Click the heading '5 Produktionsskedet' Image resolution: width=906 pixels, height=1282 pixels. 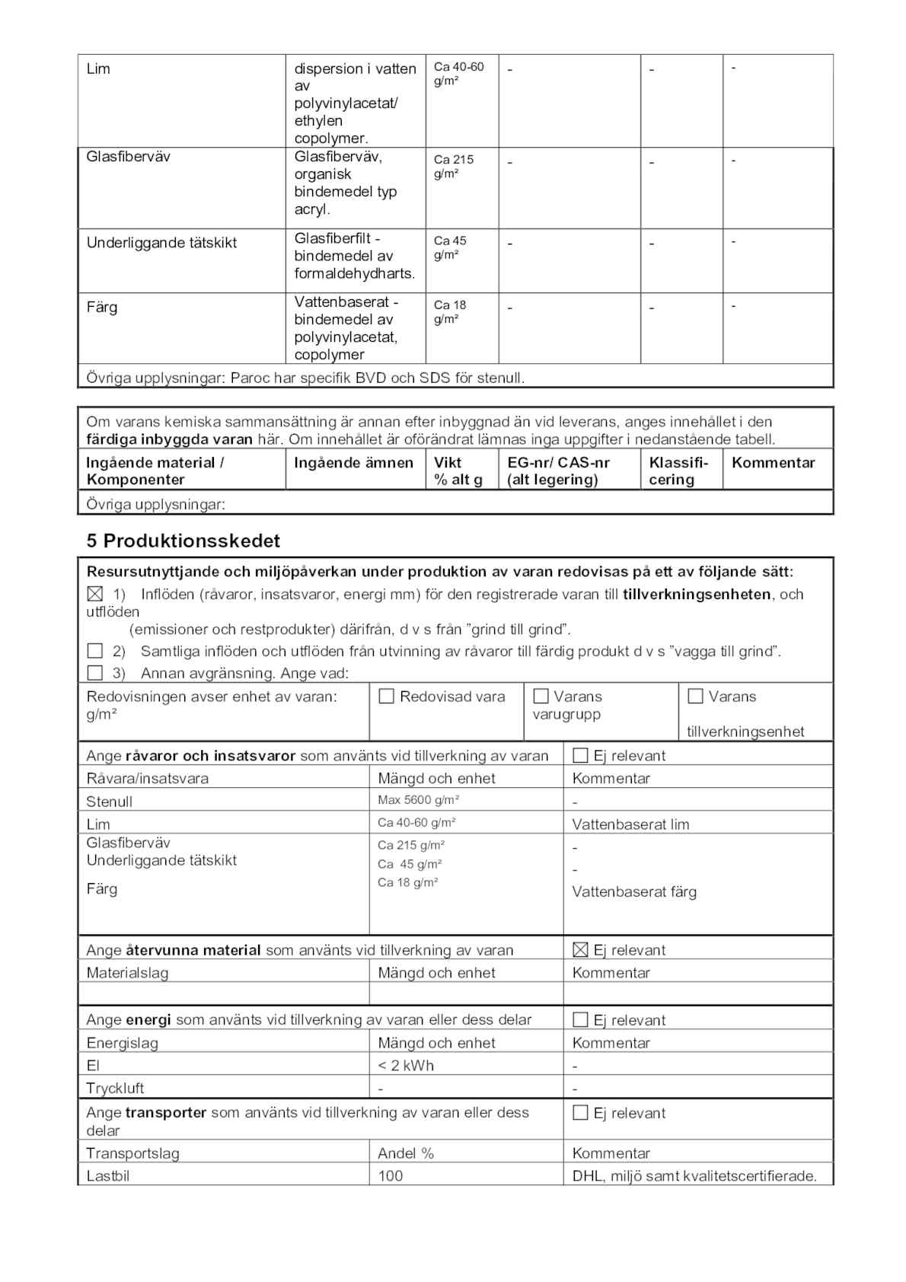pos(183,541)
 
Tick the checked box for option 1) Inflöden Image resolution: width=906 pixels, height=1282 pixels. pos(94,594)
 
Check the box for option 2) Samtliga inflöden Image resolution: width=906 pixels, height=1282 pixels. pos(94,651)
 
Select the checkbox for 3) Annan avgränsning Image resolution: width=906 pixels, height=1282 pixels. pos(94,673)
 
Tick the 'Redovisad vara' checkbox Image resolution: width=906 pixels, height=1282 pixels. pos(387,696)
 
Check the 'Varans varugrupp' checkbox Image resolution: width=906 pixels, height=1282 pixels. pos(541,696)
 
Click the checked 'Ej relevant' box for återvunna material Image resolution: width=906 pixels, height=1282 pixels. pos(580,949)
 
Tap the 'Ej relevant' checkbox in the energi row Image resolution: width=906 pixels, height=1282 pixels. pos(580,1019)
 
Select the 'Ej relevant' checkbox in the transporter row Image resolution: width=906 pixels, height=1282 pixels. pos(580,1112)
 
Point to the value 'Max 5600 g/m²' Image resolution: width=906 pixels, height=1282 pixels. pos(418,800)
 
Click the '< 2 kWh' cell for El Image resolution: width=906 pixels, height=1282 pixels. pos(406,1065)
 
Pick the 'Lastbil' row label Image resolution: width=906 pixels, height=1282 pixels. pos(107,1175)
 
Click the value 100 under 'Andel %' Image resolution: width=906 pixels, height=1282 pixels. pos(391,1175)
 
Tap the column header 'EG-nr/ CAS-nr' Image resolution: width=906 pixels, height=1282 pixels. pos(558,462)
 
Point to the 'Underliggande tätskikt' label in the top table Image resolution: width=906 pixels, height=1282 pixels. pos(161,243)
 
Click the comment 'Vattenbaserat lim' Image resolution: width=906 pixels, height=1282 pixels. pos(630,824)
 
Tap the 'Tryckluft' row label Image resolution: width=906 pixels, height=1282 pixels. pos(115,1088)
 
